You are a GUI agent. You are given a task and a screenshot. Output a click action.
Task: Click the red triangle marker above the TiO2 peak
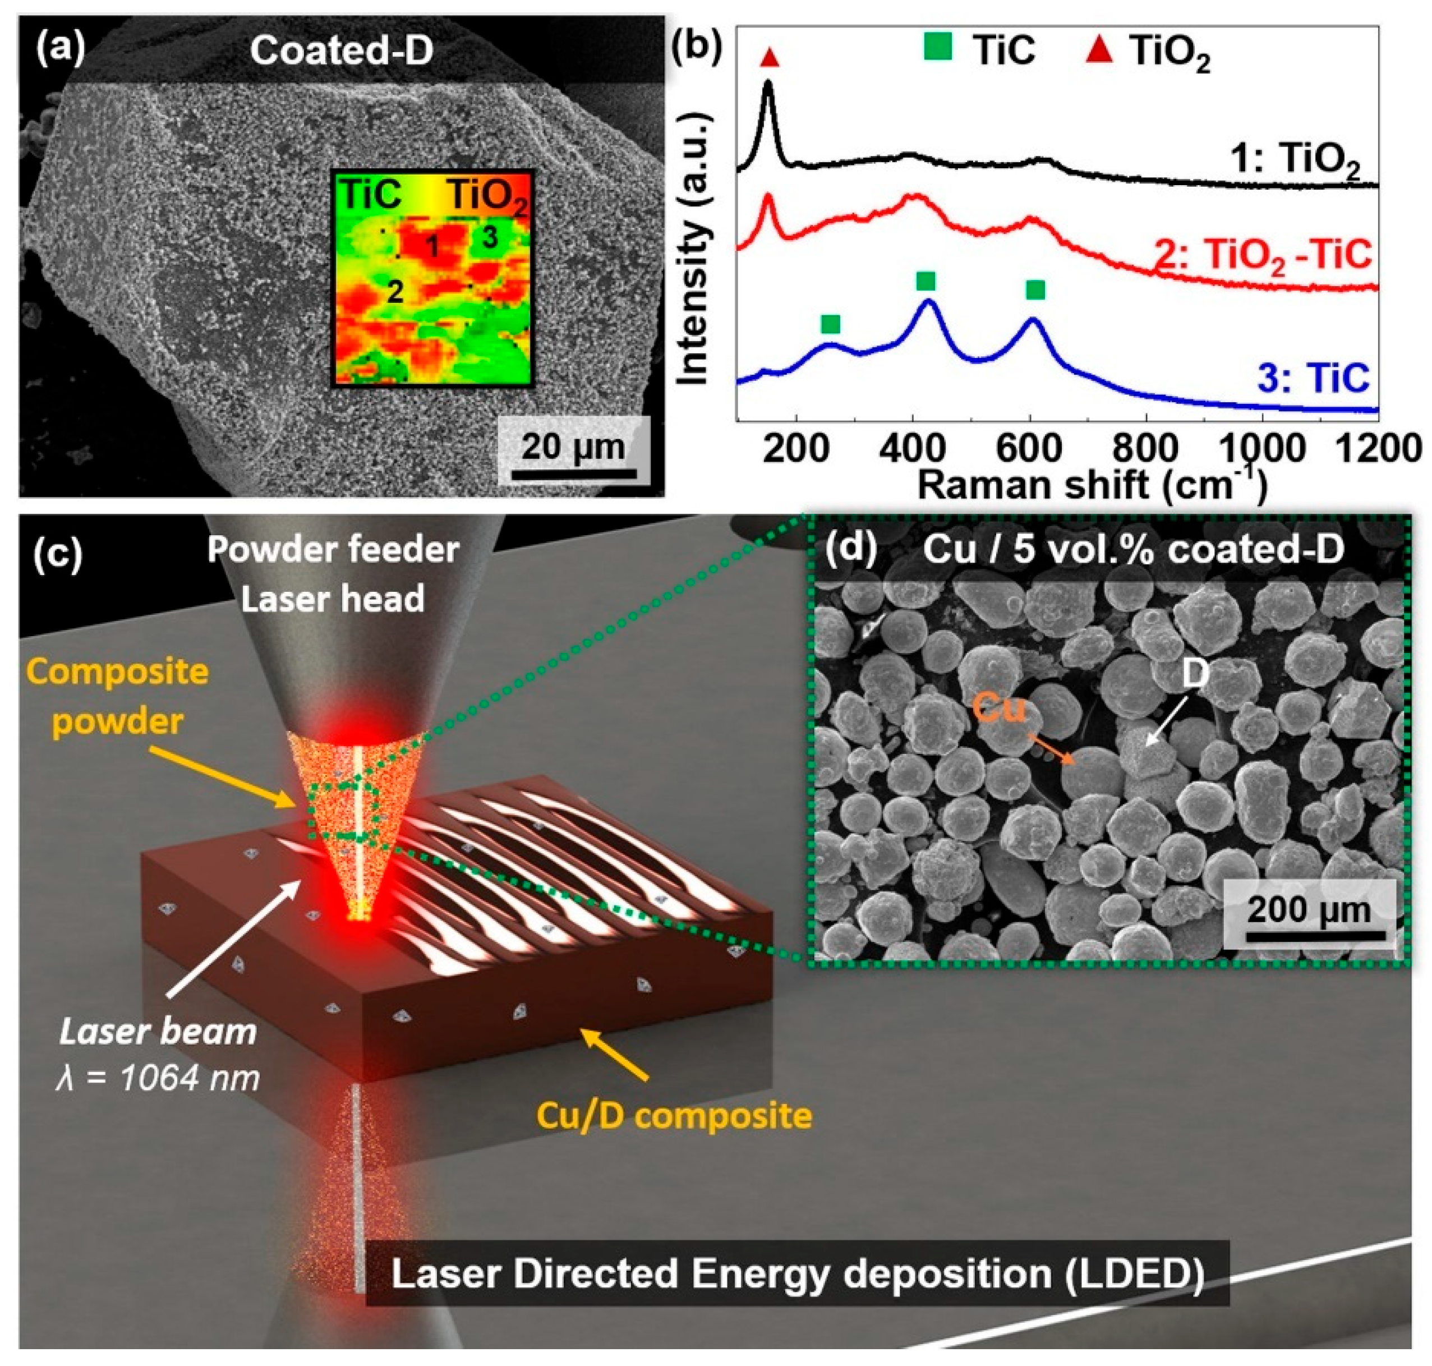click(x=769, y=57)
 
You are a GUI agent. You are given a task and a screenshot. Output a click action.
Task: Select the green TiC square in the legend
click(x=939, y=49)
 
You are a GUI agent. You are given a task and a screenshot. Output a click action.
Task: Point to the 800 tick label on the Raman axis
click(x=1146, y=447)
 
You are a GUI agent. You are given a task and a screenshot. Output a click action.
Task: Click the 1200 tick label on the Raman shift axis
click(x=1379, y=447)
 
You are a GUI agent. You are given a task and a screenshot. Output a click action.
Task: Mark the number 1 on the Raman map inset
click(x=432, y=247)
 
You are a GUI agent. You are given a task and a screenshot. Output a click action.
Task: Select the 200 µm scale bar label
click(x=1308, y=910)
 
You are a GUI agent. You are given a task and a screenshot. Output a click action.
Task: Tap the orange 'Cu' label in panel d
click(x=999, y=706)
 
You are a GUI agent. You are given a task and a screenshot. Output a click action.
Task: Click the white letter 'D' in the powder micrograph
click(x=1195, y=674)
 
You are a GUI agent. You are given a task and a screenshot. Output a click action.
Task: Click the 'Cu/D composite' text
click(x=674, y=1115)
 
